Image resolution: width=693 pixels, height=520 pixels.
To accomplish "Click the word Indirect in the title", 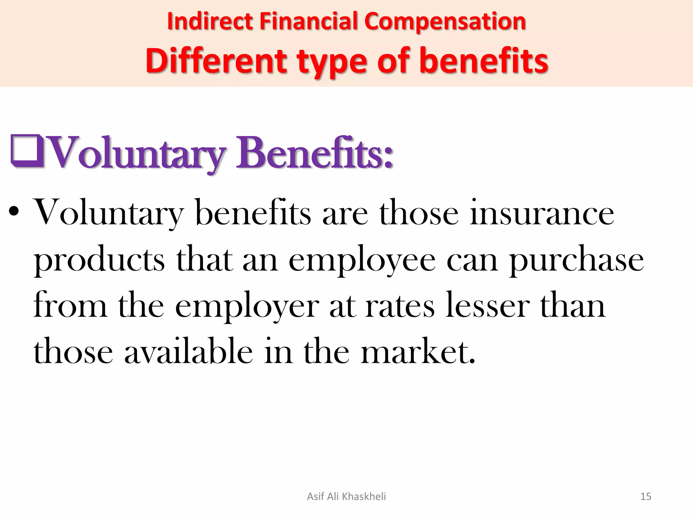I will [210, 21].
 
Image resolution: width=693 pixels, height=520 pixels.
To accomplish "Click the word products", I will [99, 260].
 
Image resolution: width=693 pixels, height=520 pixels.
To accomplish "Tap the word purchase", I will [576, 260].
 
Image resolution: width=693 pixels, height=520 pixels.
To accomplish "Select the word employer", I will [247, 306].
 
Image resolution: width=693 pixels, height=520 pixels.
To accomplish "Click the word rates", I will [400, 306].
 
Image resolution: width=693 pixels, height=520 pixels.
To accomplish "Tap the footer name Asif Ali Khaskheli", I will [346, 496].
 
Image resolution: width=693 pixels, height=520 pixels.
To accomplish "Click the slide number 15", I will [646, 496].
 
